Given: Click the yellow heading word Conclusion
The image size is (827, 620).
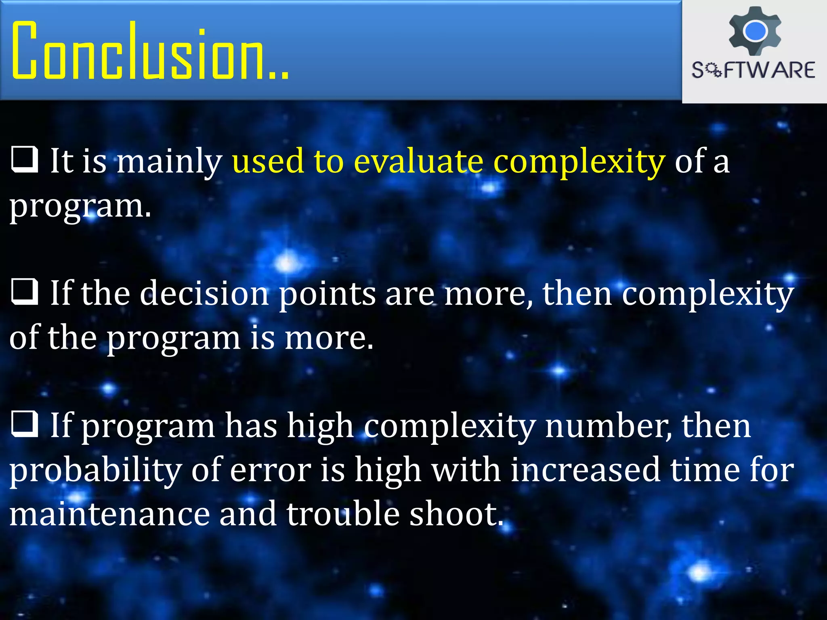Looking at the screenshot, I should tap(149, 50).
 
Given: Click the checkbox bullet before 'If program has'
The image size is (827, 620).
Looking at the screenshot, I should tap(25, 425).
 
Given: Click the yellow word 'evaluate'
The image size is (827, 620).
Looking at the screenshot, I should tap(418, 161).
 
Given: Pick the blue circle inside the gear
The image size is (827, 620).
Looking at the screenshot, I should tap(755, 31).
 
